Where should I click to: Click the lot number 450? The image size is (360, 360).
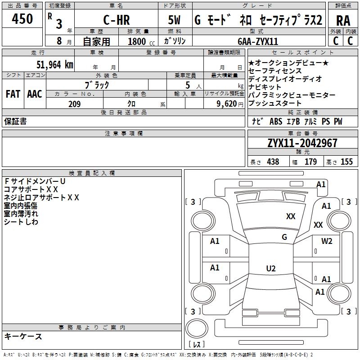click(x=22, y=19)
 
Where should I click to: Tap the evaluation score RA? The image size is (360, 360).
click(x=343, y=21)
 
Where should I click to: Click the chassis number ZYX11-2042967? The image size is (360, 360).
click(x=302, y=143)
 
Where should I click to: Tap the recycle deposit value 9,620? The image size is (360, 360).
click(x=225, y=104)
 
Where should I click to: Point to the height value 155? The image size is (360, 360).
click(x=346, y=162)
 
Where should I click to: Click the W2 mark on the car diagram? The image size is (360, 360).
click(x=327, y=241)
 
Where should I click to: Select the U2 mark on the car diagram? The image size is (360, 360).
click(x=270, y=269)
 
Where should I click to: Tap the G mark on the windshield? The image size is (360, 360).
click(x=284, y=237)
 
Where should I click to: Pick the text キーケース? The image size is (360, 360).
click(x=23, y=336)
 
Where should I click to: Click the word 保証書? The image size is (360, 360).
click(x=15, y=121)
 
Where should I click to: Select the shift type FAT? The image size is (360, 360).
click(x=13, y=94)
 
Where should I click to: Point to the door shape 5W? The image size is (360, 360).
click(x=174, y=21)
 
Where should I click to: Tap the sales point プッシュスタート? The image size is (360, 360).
click(x=275, y=104)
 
